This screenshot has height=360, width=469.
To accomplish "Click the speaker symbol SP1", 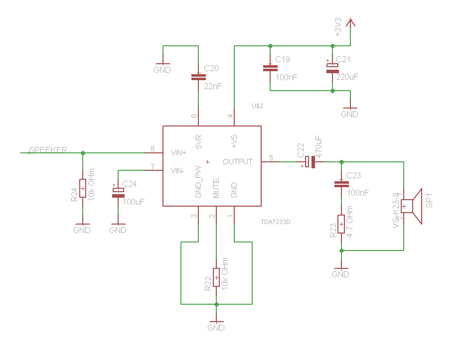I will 412,206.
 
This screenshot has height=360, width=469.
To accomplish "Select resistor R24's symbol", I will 82,189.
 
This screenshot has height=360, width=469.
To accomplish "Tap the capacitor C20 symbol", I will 198,77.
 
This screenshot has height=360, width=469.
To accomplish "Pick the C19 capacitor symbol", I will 270,68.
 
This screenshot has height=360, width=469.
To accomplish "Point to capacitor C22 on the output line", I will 311,162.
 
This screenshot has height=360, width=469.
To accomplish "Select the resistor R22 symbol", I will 216,277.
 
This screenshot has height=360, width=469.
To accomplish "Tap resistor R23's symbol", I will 341,224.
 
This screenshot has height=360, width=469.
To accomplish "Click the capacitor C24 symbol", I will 118,193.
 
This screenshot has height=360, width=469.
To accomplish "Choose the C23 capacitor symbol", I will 341,184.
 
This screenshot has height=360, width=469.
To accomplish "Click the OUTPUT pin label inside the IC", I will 238,162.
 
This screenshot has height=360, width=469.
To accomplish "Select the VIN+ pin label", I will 178,152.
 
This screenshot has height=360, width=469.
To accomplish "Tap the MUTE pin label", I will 216,188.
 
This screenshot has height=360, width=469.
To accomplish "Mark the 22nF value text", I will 213,87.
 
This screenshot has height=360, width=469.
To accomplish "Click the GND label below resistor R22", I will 216,328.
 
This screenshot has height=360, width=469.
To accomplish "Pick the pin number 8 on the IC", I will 153,148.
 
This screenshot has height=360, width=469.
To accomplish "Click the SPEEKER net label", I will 48,150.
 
